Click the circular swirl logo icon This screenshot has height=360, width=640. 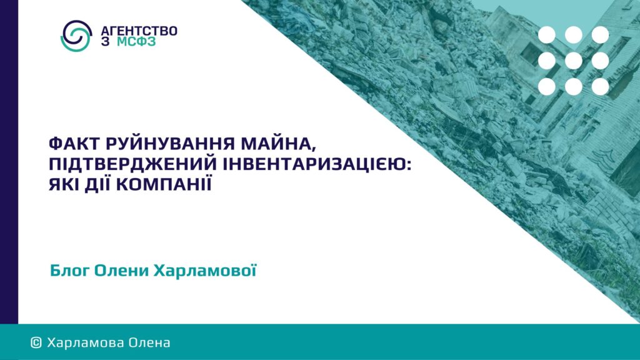76,36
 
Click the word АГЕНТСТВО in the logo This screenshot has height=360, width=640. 139,31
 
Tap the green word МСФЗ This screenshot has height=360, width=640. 136,42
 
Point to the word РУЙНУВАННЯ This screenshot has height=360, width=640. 170,144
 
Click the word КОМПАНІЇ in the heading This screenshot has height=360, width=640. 164,184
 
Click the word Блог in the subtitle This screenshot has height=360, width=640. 69,271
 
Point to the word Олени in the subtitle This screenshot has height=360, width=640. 121,271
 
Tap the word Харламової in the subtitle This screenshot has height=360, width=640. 205,270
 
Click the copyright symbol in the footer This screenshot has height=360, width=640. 36,342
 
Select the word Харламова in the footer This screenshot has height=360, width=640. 85,342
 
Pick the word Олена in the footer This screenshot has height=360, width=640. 149,342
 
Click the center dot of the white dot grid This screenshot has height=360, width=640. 574,61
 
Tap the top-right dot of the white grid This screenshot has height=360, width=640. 600,35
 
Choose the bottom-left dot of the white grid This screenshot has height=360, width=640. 546,87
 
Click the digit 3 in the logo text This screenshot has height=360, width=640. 105,42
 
